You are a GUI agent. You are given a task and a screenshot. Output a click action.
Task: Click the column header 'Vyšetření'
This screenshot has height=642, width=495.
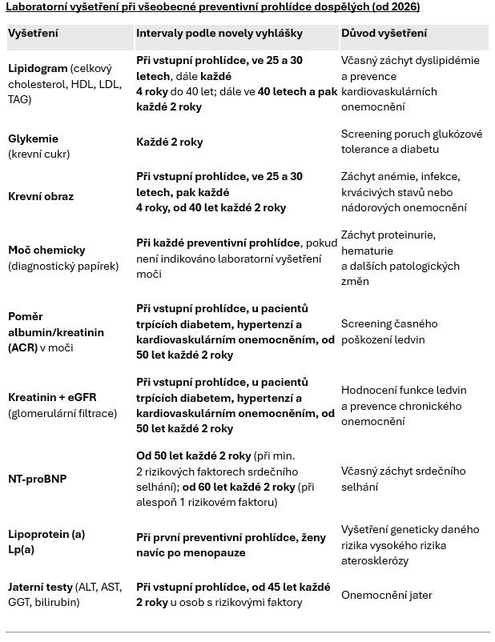33,34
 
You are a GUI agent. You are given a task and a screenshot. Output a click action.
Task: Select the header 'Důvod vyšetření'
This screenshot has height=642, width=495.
384,34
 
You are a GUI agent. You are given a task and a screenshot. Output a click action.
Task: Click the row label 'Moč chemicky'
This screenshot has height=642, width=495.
46,251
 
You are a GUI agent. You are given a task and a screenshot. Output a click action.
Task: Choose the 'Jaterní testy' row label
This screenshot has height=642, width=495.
41,587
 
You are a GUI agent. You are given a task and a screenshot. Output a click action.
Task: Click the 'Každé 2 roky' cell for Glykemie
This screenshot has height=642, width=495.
170,142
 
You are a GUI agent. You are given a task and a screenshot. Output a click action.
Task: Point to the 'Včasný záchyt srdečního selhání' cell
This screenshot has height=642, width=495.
403,479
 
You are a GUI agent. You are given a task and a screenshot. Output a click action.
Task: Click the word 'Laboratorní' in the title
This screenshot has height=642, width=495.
37,6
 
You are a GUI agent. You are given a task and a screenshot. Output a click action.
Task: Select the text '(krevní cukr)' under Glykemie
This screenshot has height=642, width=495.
39,154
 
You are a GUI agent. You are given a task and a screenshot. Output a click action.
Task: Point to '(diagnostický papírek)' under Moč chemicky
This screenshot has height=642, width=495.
63,266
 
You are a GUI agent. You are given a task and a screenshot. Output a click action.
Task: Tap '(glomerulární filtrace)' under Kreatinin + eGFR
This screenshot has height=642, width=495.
62,413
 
